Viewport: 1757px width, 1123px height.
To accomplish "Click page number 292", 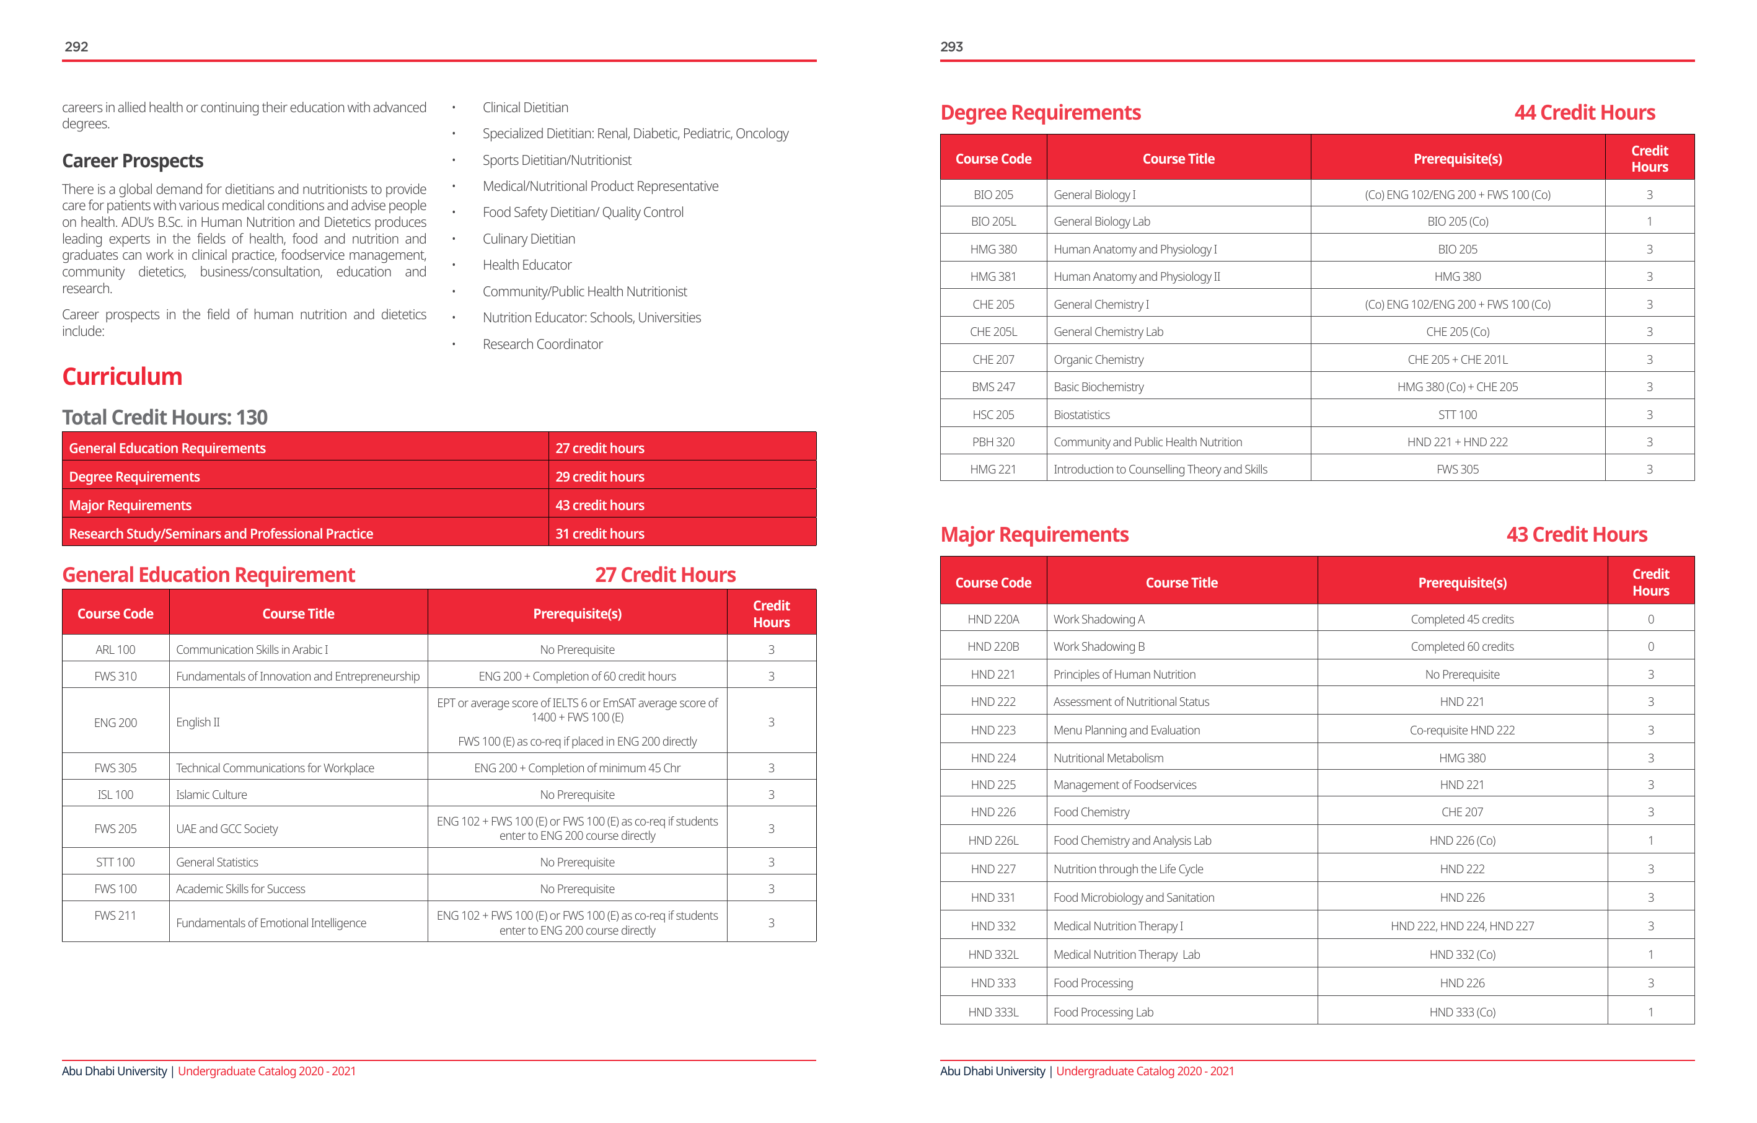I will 77,46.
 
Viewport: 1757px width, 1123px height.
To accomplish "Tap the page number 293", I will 951,46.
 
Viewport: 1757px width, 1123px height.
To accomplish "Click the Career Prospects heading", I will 132,161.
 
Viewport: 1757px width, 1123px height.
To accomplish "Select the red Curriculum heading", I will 122,377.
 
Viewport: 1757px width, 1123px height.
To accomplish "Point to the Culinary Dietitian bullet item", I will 528,239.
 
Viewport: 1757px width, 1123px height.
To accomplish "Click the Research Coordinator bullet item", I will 542,344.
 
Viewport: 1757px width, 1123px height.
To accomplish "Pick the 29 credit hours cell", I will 600,477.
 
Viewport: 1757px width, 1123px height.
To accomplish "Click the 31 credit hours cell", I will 600,534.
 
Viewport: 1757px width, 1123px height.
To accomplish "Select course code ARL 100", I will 115,650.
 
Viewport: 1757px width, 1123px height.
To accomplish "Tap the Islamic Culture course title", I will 211,795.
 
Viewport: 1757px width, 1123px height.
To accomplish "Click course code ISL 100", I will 115,795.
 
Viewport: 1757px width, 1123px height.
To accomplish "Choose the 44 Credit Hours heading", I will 1584,112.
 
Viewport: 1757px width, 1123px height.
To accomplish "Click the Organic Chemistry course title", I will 1098,359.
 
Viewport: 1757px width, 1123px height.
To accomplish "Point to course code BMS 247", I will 993,387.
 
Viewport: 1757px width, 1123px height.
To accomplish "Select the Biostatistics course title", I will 1081,415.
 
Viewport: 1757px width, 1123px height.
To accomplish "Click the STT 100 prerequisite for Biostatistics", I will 1457,415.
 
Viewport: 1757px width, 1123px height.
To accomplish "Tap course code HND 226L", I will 993,840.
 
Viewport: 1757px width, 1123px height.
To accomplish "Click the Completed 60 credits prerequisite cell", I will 1461,646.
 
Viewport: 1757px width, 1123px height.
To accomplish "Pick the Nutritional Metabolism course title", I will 1108,758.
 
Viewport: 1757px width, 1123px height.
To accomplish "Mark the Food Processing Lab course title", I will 1103,1012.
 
